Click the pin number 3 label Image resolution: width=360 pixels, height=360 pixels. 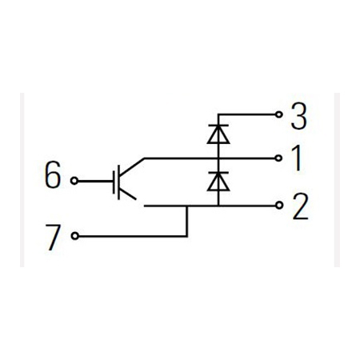[298, 116]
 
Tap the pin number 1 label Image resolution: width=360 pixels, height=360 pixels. [297, 158]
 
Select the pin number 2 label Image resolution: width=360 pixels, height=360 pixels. [300, 206]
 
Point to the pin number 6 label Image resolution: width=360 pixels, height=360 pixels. [53, 174]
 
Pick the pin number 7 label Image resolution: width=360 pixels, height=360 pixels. [53, 238]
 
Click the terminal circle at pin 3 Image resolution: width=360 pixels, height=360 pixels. [279, 114]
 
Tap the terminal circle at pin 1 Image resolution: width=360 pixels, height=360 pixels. [278, 158]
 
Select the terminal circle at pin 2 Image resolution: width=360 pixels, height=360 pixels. [279, 206]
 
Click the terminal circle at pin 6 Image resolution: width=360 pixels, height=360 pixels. [74, 181]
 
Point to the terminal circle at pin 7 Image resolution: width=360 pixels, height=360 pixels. [75, 236]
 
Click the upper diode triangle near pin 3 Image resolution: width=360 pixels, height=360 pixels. [218, 134]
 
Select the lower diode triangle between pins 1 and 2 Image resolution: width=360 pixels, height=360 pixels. [218, 182]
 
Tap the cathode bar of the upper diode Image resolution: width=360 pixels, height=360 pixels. [218, 125]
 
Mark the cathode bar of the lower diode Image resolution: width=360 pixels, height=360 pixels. [218, 173]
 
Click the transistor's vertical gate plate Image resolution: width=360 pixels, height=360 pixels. [118, 182]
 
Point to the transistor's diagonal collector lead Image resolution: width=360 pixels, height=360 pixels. [132, 166]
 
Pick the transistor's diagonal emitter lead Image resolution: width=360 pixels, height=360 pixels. [128, 193]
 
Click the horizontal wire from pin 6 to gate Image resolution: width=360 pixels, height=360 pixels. [95, 181]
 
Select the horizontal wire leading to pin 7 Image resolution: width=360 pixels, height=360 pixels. [133, 236]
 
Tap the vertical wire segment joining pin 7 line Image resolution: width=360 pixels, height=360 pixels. [187, 222]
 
